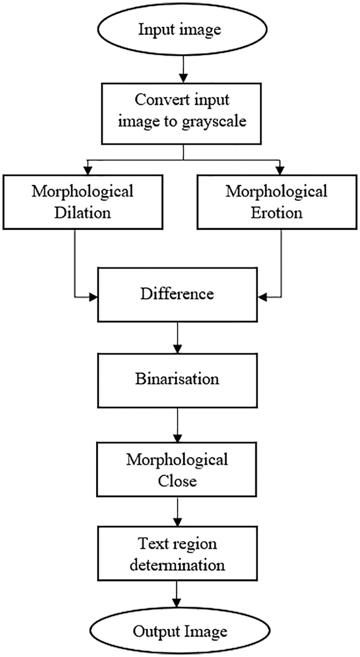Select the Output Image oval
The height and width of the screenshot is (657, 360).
(180, 632)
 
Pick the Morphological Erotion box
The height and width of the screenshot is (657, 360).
(276, 202)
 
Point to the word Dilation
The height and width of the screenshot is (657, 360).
(83, 212)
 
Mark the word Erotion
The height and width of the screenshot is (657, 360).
(277, 212)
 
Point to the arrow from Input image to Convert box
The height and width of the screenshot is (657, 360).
(180, 67)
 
